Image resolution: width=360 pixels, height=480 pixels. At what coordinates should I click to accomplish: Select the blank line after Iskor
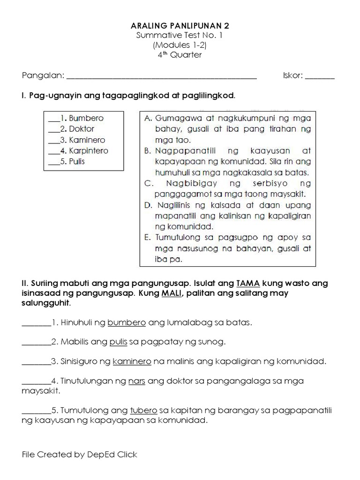click(320, 76)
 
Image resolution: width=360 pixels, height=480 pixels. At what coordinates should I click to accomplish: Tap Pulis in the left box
click(77, 162)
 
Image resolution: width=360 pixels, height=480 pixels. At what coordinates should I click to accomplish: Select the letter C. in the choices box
click(147, 183)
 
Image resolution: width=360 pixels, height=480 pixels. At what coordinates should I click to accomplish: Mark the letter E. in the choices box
click(147, 237)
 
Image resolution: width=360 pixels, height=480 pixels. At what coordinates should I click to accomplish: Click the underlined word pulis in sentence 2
click(118, 342)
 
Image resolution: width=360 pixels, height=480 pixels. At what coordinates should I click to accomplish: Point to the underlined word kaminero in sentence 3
click(132, 361)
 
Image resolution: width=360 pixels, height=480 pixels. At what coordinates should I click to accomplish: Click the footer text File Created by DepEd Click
click(80, 455)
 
